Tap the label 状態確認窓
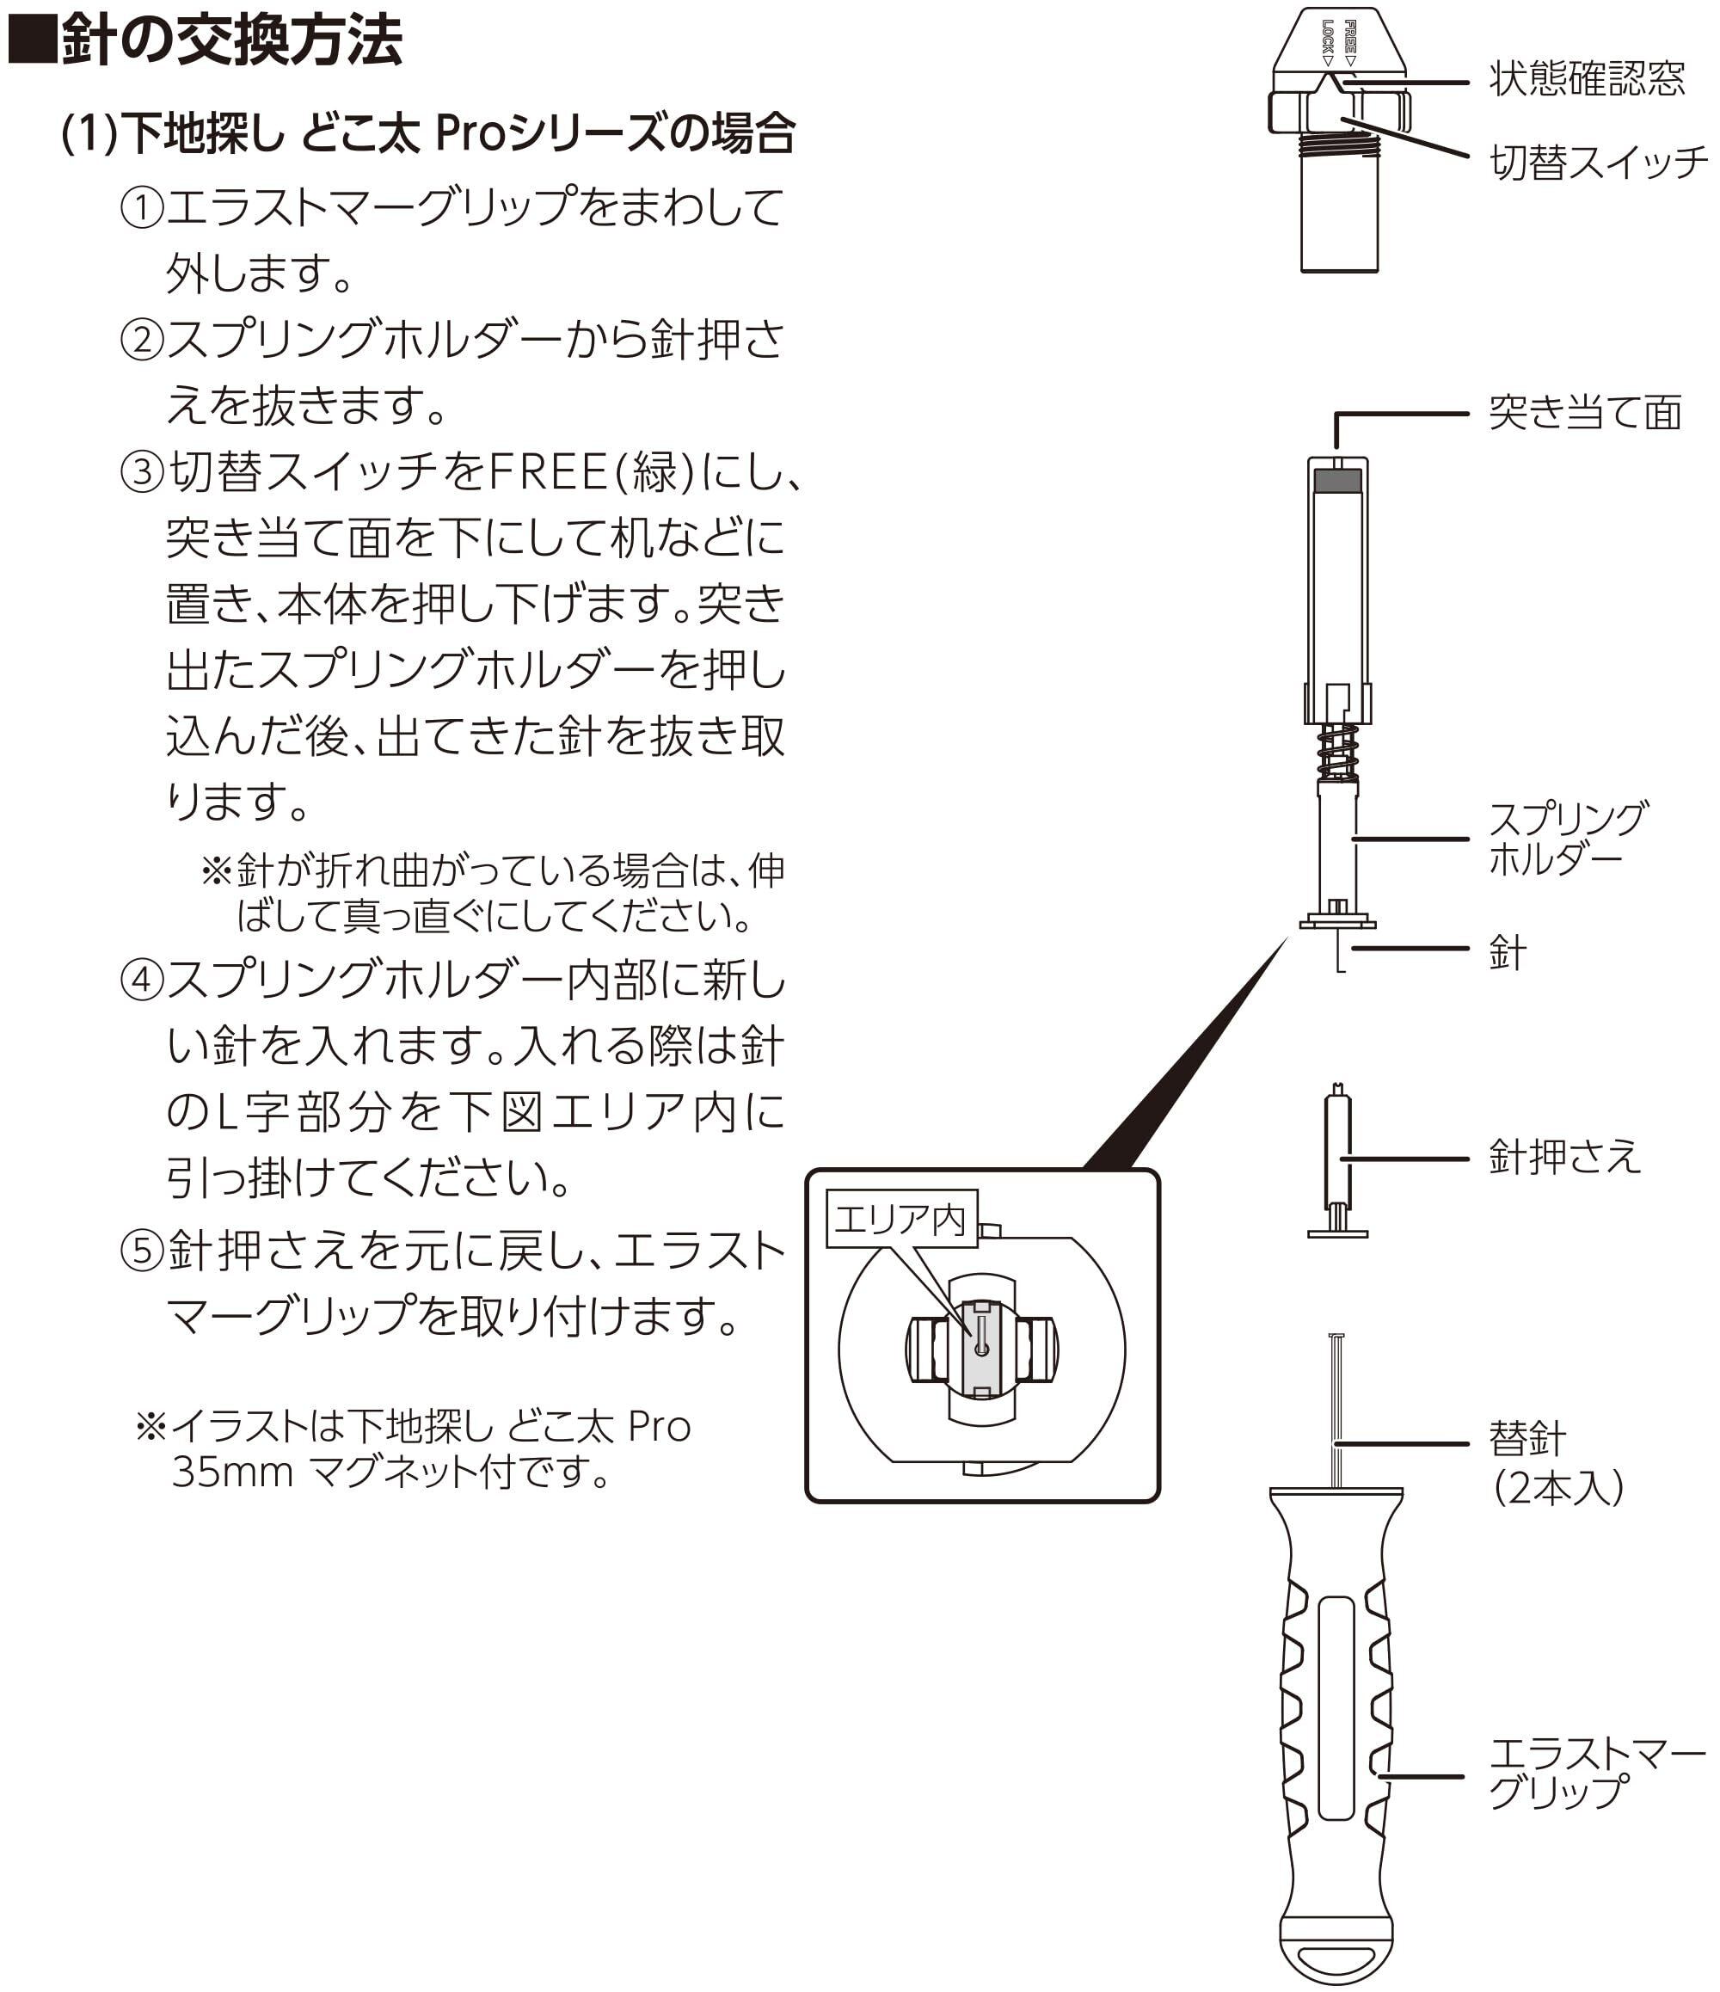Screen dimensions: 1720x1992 click(x=1587, y=79)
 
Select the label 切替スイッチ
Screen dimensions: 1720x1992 click(x=1598, y=162)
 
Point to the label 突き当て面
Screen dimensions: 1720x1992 click(x=1585, y=413)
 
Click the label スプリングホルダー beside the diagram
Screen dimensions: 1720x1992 click(x=1567, y=838)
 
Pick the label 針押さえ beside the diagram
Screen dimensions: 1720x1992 click(x=1564, y=1156)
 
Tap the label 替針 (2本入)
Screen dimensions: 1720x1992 click(x=1557, y=1462)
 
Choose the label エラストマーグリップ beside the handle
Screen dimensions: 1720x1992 click(x=1597, y=1774)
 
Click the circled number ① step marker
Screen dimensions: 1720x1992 click(x=141, y=207)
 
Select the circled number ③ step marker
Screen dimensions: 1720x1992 click(x=141, y=472)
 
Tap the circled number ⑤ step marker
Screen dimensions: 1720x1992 click(x=141, y=1251)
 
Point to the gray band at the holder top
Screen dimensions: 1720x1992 click(x=1337, y=480)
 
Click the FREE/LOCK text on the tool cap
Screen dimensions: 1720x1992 click(x=1338, y=42)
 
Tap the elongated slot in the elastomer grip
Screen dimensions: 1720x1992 click(x=1336, y=1708)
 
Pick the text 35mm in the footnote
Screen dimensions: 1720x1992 click(x=231, y=1472)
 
